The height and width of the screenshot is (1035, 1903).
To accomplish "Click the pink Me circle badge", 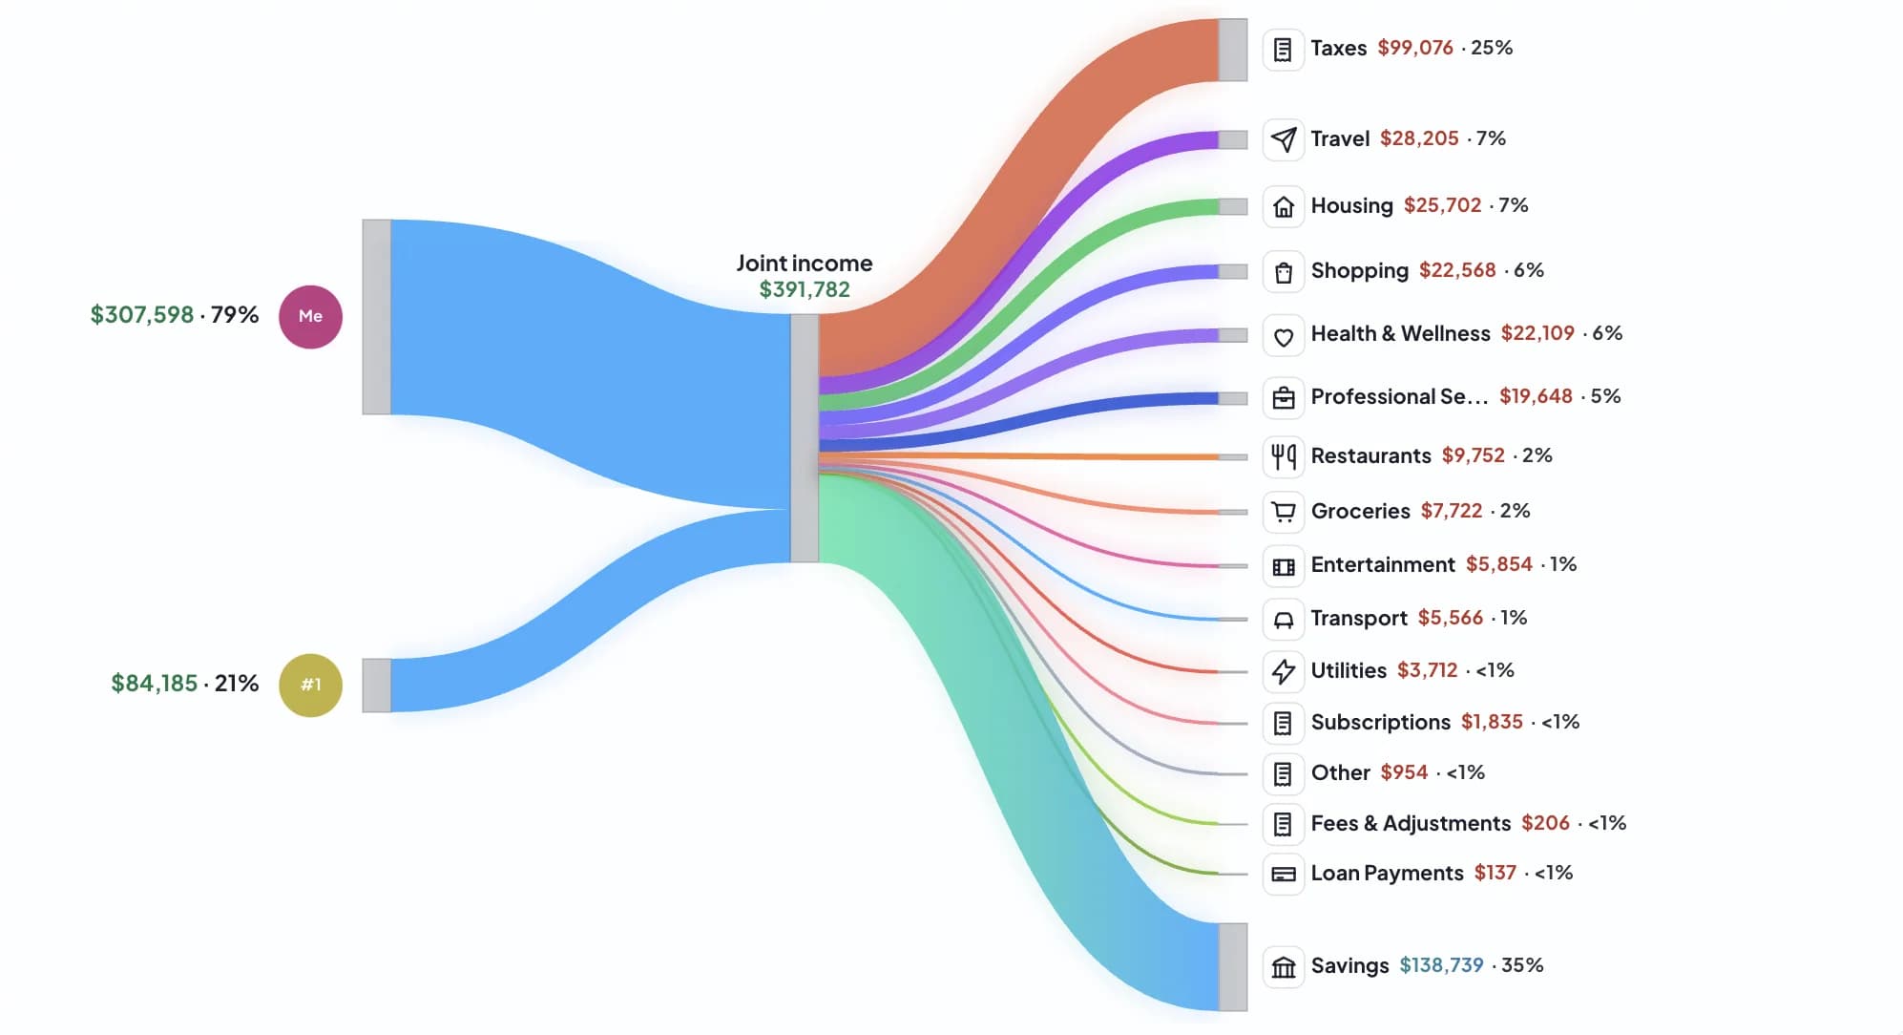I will click(x=310, y=316).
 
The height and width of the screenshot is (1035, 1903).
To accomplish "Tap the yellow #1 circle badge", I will click(x=310, y=685).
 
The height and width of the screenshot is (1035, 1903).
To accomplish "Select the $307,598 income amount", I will click(x=141, y=315).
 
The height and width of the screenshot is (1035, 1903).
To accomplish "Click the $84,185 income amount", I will click(x=154, y=684).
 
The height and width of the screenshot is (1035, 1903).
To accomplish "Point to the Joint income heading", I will click(x=804, y=264).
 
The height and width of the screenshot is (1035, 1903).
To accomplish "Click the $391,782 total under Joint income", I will click(x=804, y=289).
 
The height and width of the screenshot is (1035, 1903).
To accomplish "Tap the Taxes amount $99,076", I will click(x=1414, y=48).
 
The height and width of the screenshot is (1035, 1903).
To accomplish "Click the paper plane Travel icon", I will click(x=1284, y=139).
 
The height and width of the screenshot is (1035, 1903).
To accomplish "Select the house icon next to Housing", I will click(x=1284, y=206).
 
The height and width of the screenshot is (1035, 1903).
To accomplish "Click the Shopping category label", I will click(x=1359, y=271).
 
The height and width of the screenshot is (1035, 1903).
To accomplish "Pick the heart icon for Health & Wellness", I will click(x=1284, y=336).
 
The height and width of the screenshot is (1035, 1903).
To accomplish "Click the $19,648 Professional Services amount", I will click(x=1535, y=396).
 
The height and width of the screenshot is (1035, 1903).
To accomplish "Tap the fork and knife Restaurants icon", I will click(x=1284, y=456).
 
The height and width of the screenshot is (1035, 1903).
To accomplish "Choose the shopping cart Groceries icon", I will click(x=1284, y=512).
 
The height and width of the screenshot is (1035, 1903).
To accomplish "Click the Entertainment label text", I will click(x=1382, y=565).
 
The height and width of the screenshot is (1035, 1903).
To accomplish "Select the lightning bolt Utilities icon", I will click(x=1284, y=671).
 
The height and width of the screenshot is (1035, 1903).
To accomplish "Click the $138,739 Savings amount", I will click(x=1440, y=965).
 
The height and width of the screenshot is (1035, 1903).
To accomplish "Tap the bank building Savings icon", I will click(x=1284, y=967).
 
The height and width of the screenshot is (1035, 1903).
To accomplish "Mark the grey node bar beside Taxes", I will click(x=1232, y=50).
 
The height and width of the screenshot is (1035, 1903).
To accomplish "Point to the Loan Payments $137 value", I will click(x=1494, y=874).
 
